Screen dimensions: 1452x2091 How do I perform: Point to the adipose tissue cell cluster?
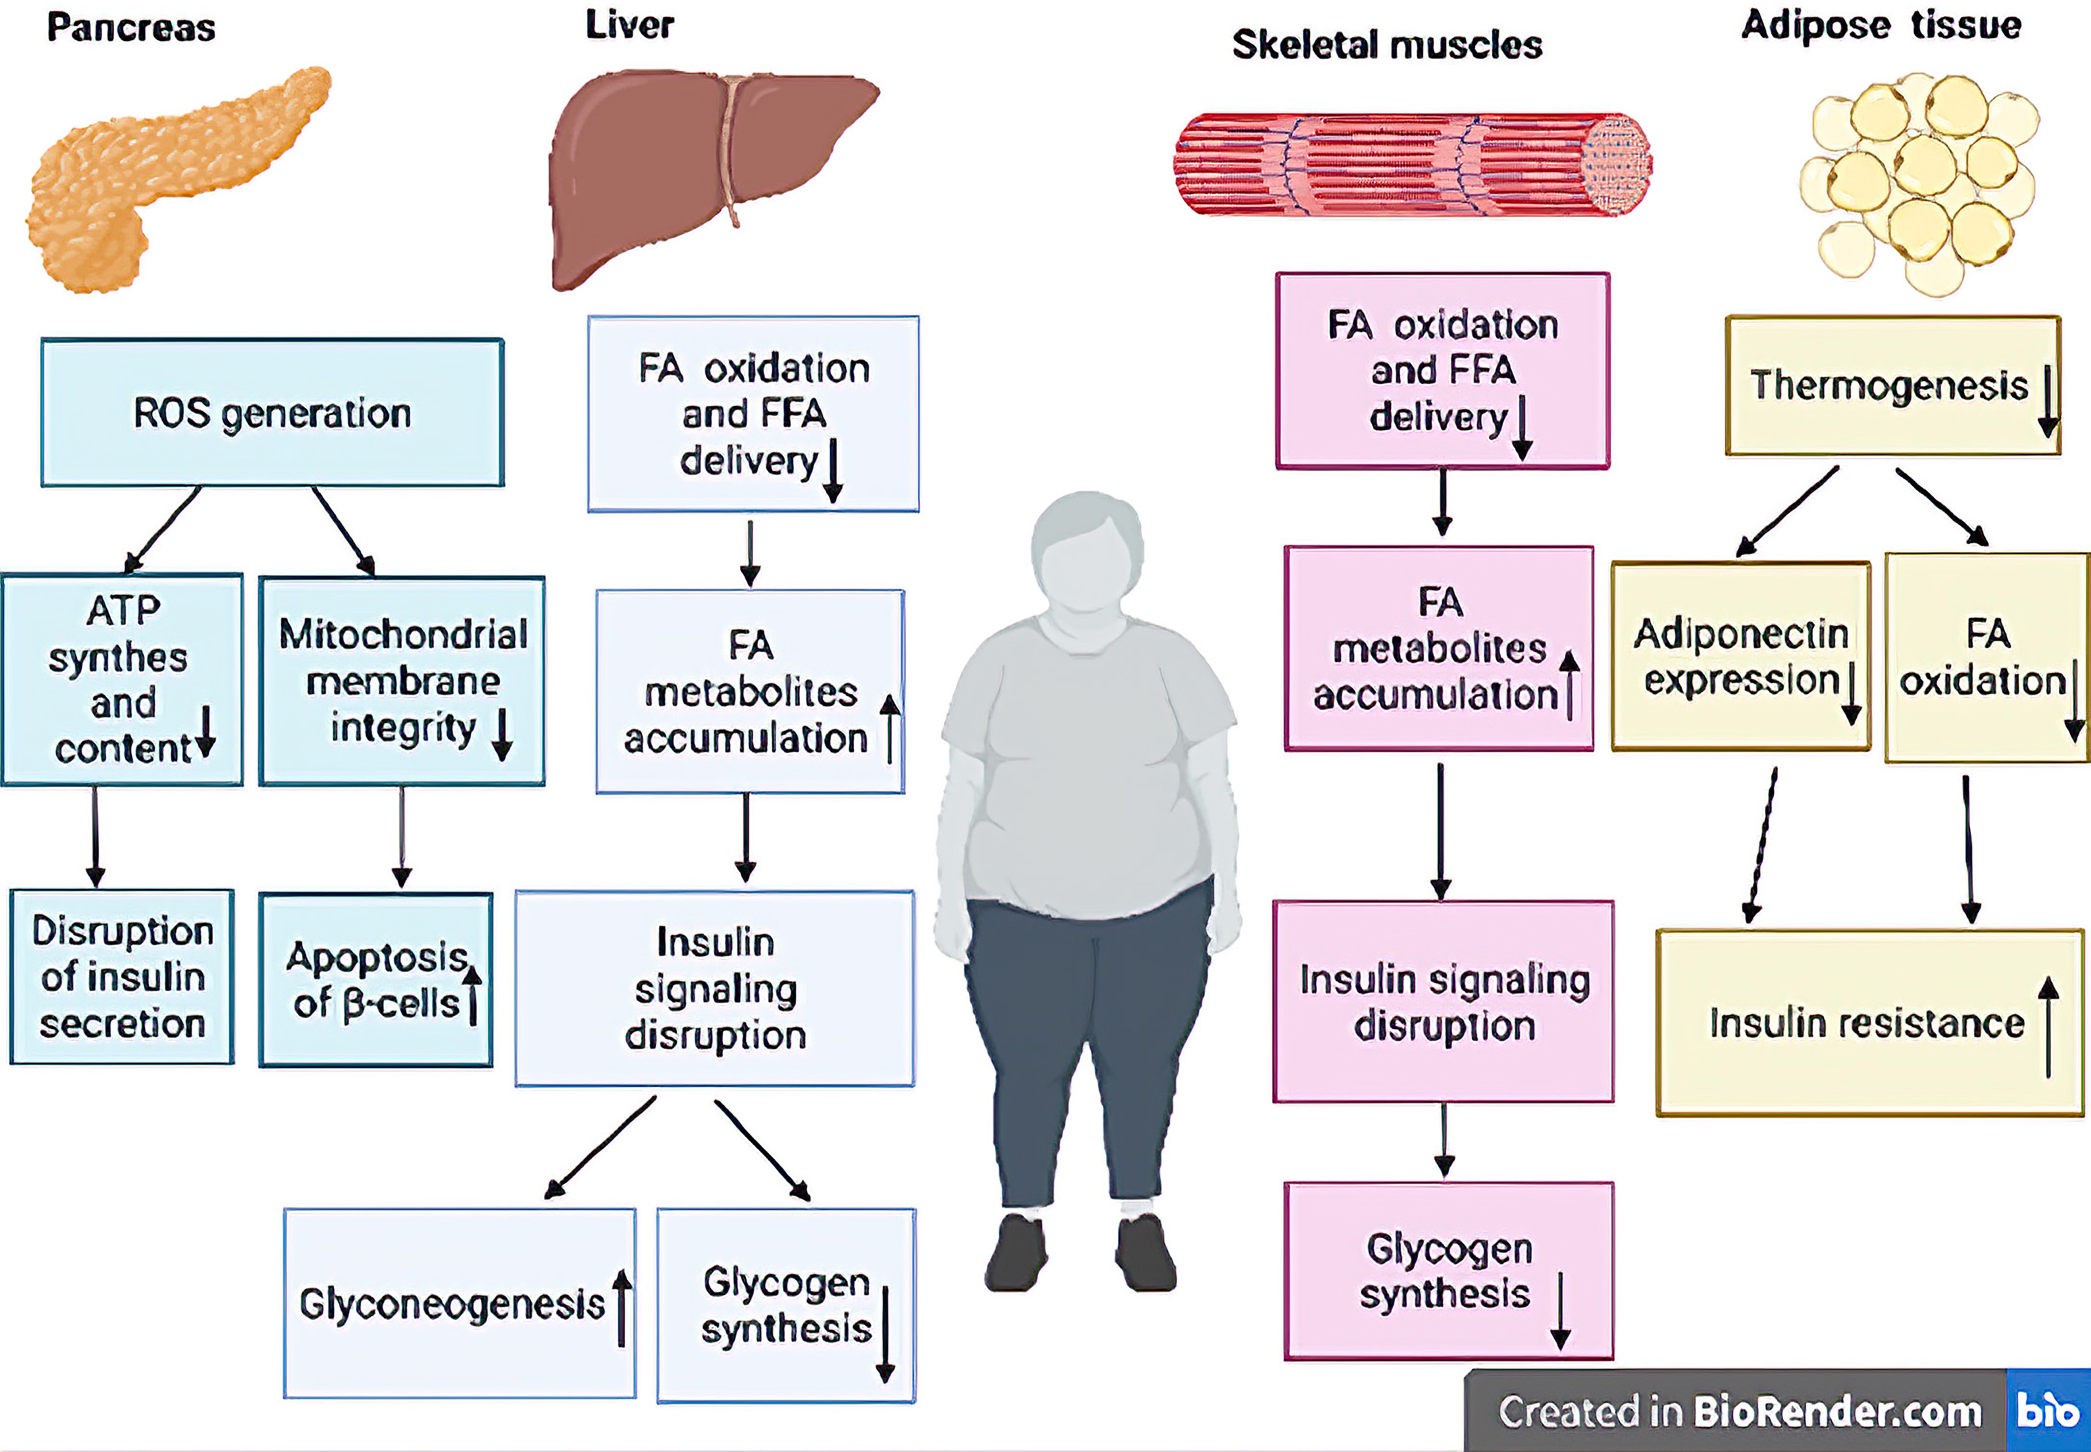coord(1919,182)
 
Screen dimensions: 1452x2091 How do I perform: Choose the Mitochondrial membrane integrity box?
coord(402,681)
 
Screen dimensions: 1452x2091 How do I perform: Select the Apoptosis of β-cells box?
coord(376,980)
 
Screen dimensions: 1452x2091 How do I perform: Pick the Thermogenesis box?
coord(1892,385)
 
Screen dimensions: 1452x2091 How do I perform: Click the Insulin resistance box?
coord(1869,1023)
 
